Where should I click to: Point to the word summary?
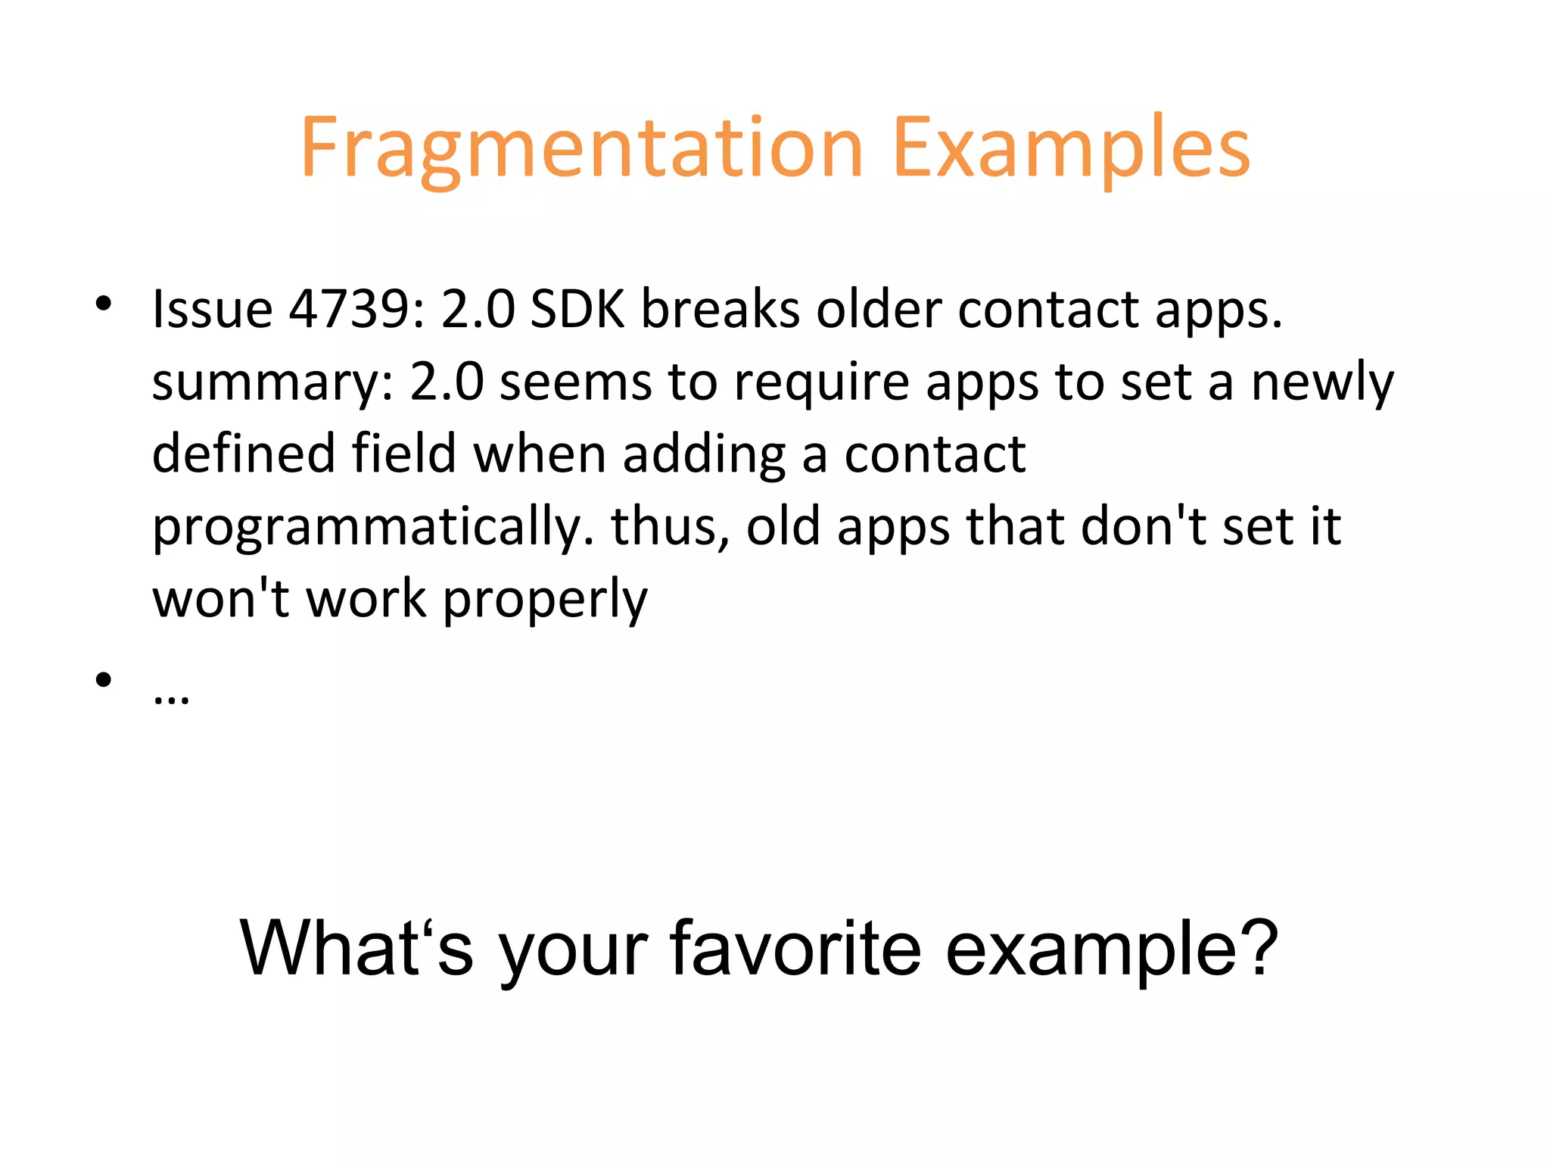(272, 382)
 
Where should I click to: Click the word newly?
(1321, 382)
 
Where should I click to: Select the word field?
(403, 454)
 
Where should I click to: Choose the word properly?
(545, 600)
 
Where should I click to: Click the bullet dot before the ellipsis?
(104, 679)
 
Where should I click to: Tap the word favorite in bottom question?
(795, 948)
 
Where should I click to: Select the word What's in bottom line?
(356, 948)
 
